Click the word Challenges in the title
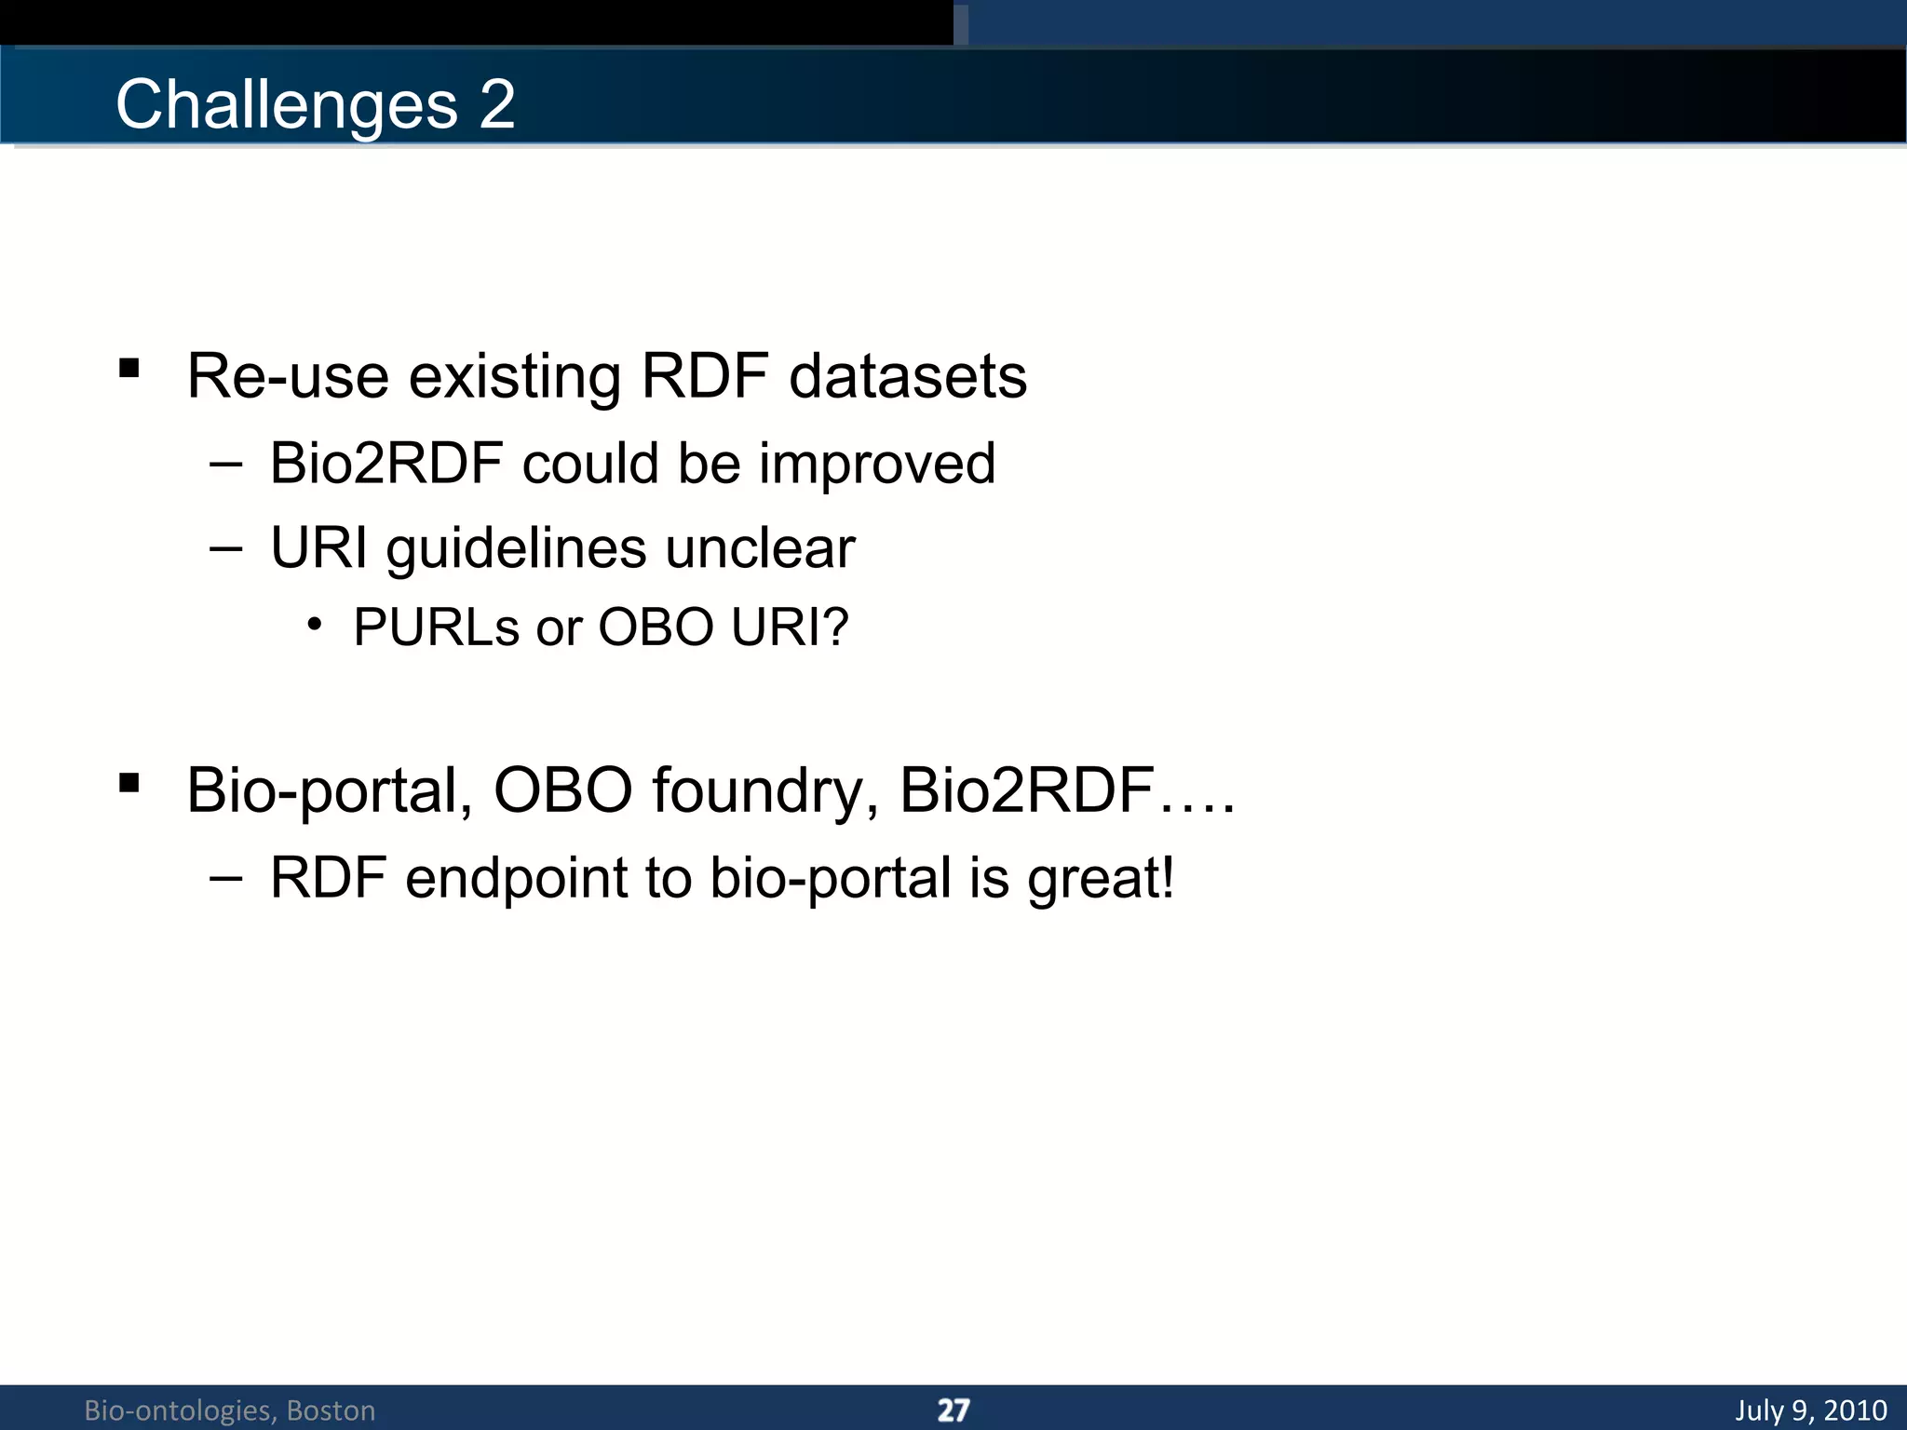pyautogui.click(x=286, y=105)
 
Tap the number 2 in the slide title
pyautogui.click(x=497, y=103)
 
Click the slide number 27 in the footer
pyautogui.click(x=953, y=1410)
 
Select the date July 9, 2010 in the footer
pyautogui.click(x=1810, y=1410)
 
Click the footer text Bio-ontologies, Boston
pyautogui.click(x=229, y=1410)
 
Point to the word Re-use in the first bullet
pyautogui.click(x=287, y=376)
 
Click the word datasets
pyautogui.click(x=908, y=376)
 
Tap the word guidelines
pyautogui.click(x=516, y=548)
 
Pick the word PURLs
pyautogui.click(x=436, y=627)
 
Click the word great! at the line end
pyautogui.click(x=1101, y=878)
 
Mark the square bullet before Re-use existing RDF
pyautogui.click(x=129, y=369)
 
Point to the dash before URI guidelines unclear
pyautogui.click(x=225, y=548)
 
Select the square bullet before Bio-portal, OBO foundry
pyautogui.click(x=129, y=783)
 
